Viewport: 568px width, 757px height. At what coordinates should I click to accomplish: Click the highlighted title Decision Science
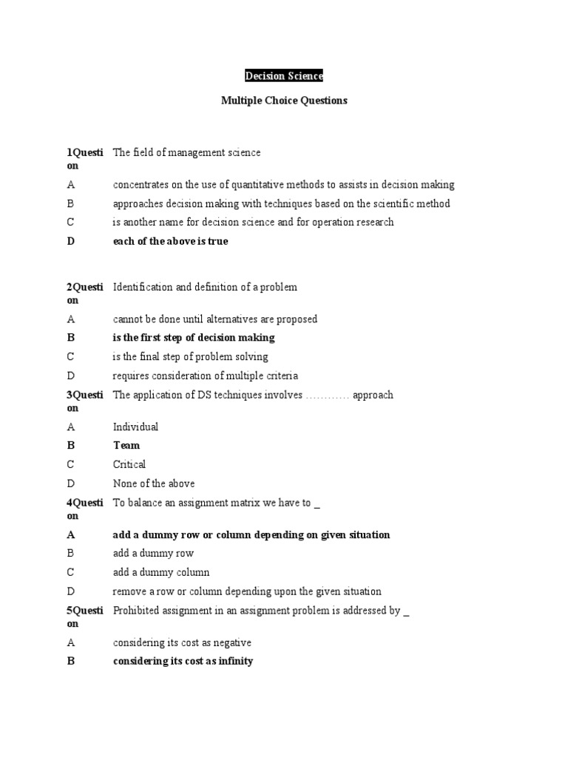tap(284, 75)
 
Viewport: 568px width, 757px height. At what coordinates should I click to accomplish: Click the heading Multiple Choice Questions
tap(284, 101)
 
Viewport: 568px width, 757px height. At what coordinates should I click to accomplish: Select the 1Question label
tap(85, 159)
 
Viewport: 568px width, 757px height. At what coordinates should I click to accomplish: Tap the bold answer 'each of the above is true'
tap(170, 241)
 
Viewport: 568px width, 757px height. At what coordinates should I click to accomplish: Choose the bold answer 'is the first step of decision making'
tap(194, 337)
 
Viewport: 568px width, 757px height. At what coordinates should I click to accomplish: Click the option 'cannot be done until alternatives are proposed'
tap(215, 319)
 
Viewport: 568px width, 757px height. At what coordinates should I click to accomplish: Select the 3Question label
tap(85, 401)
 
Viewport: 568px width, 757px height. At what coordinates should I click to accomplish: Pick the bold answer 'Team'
tap(126, 445)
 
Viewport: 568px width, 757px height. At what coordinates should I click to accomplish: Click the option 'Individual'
tap(135, 427)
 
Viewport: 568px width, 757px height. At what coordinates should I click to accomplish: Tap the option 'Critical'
tap(129, 464)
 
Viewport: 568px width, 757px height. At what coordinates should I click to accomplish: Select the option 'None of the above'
tap(154, 483)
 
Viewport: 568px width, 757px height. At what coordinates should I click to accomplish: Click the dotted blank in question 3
tap(327, 396)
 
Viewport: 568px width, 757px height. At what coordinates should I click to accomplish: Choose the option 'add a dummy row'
tap(153, 553)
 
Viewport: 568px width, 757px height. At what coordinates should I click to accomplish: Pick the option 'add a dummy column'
tap(161, 572)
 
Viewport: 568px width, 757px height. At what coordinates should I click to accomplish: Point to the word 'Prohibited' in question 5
tap(137, 611)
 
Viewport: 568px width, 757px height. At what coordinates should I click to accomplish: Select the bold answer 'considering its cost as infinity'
tap(183, 661)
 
